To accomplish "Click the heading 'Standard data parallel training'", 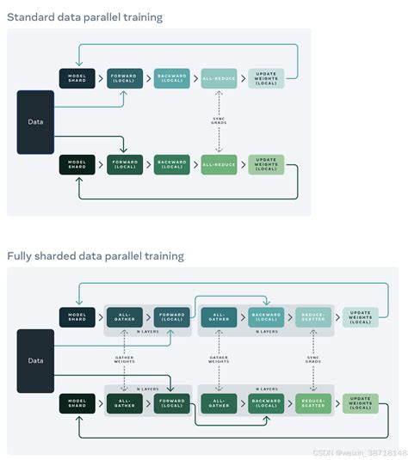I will (84, 17).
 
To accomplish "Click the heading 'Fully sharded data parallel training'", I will (96, 255).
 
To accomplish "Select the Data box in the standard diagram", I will (35, 121).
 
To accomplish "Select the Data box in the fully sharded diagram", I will (35, 360).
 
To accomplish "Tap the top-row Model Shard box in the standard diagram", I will (77, 78).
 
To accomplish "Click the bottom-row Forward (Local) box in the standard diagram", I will (125, 163).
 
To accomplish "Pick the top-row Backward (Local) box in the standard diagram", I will (171, 78).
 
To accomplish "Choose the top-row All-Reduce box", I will (219, 78).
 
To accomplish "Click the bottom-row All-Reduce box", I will (219, 163).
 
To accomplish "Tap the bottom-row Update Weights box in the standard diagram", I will (265, 163).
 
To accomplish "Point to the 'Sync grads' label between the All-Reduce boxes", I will (219, 120).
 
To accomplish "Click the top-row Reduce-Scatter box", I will (312, 317).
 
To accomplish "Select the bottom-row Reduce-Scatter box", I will (312, 402).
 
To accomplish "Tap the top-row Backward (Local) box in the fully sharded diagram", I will (265, 317).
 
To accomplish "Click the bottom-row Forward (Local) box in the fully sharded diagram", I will (171, 402).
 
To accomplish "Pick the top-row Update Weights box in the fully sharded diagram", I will (360, 317).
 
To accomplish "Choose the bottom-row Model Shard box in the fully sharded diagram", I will (77, 402).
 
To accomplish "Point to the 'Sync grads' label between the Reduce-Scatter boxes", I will (312, 359).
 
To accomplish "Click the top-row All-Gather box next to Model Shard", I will (125, 317).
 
